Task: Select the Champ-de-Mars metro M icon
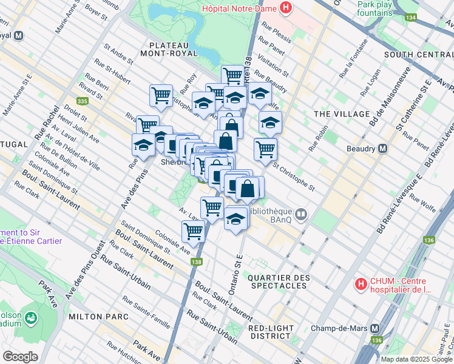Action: [375, 328]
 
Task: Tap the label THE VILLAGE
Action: [342, 114]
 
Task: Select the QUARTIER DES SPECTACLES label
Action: [277, 281]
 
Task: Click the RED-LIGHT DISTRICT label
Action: [269, 332]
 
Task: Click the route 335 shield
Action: [83, 101]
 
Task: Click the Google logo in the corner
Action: [20, 357]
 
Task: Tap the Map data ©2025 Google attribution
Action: [416, 359]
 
